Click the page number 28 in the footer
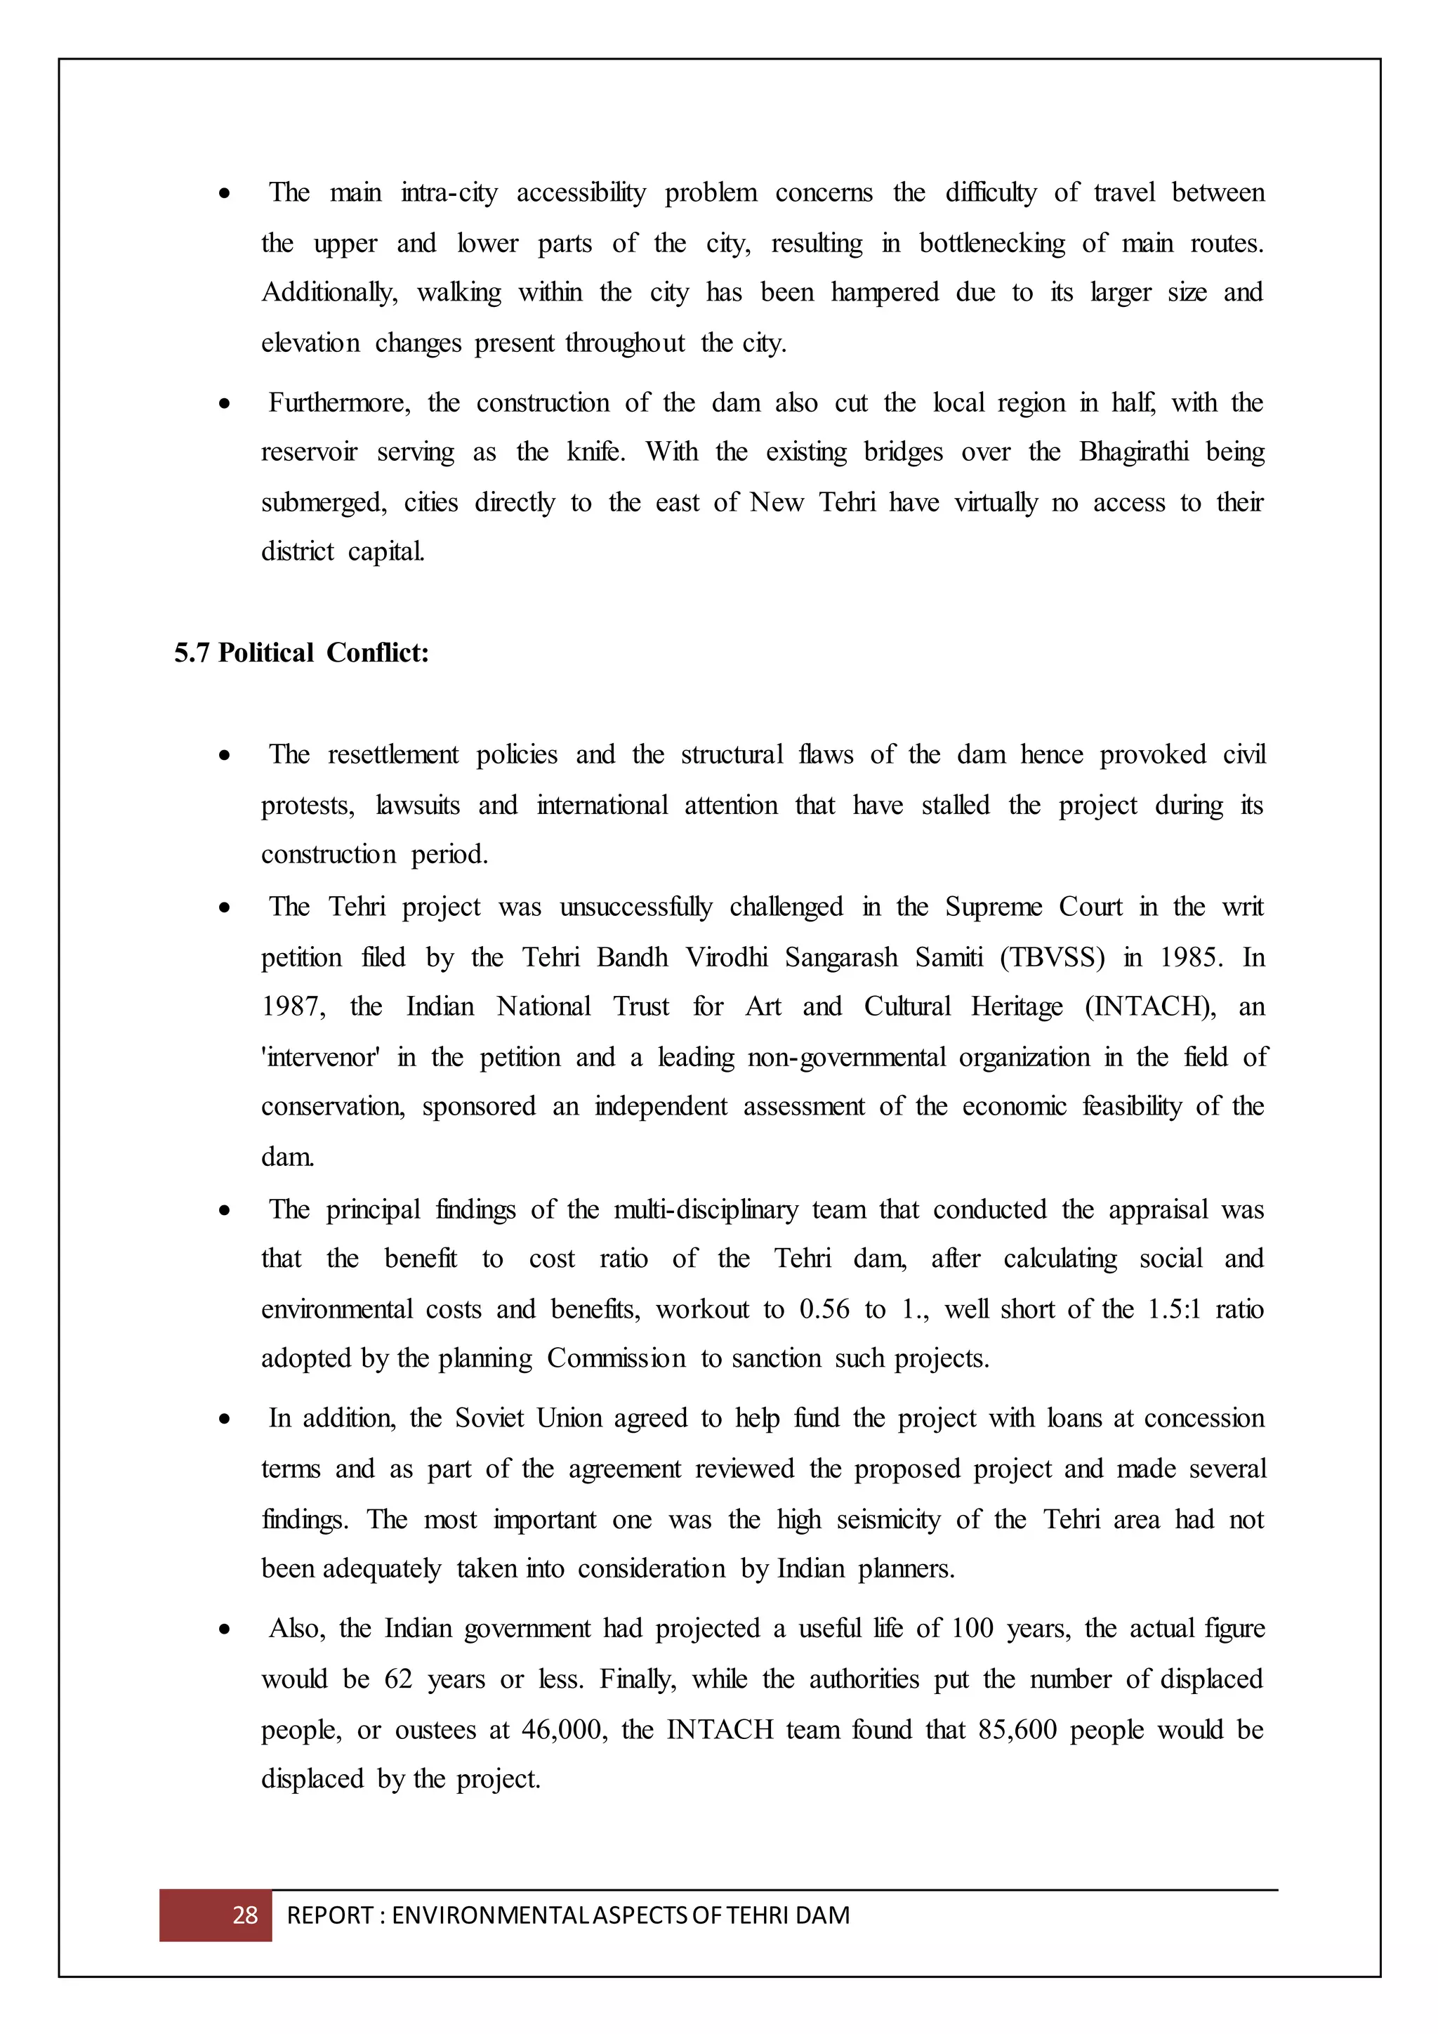[x=244, y=1915]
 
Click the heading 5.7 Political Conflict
[x=301, y=653]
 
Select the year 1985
[x=1191, y=957]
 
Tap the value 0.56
[x=824, y=1309]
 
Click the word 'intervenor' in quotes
[x=321, y=1057]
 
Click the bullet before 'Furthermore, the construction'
[x=225, y=404]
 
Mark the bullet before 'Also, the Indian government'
[x=225, y=1630]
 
